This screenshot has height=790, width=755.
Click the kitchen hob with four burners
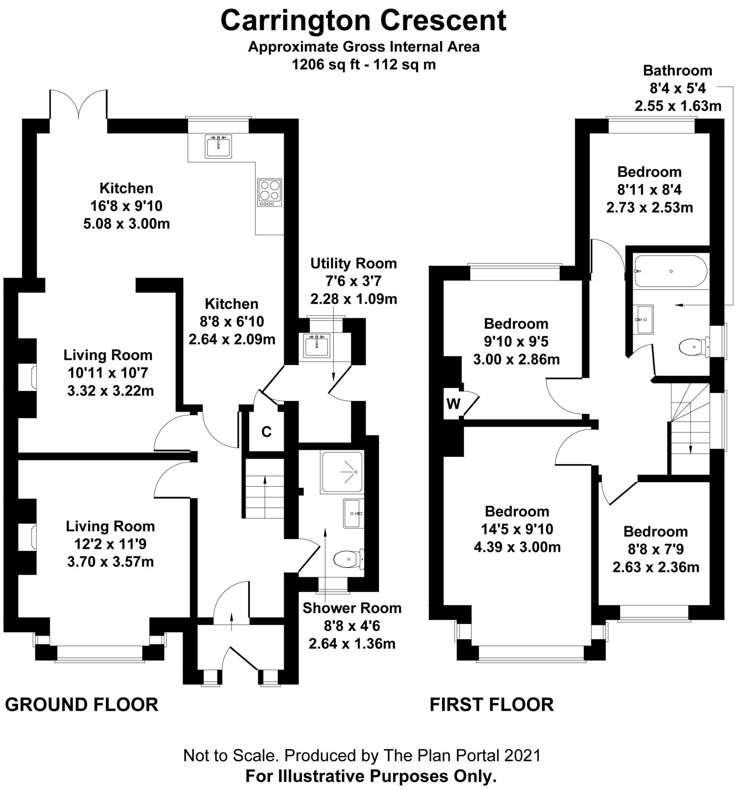(270, 192)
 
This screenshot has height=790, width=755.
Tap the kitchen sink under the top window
(218, 146)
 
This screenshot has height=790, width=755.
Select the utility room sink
(317, 346)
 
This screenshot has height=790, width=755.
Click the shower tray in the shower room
(342, 472)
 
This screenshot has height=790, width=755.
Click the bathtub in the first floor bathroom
(670, 271)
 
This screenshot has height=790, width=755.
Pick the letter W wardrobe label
(454, 404)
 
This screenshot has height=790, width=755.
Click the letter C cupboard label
(266, 432)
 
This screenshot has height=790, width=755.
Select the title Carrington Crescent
(364, 21)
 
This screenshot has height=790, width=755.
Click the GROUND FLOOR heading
(82, 705)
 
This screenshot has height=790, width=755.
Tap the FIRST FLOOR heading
(491, 705)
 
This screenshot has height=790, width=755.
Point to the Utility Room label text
(353, 264)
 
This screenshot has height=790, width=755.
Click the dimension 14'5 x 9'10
(517, 529)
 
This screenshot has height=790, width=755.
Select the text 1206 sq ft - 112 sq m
(364, 65)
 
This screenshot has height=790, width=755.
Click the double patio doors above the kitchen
(79, 105)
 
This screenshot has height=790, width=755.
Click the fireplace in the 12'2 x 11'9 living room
(33, 537)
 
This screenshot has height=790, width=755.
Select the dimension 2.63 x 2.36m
(655, 567)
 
